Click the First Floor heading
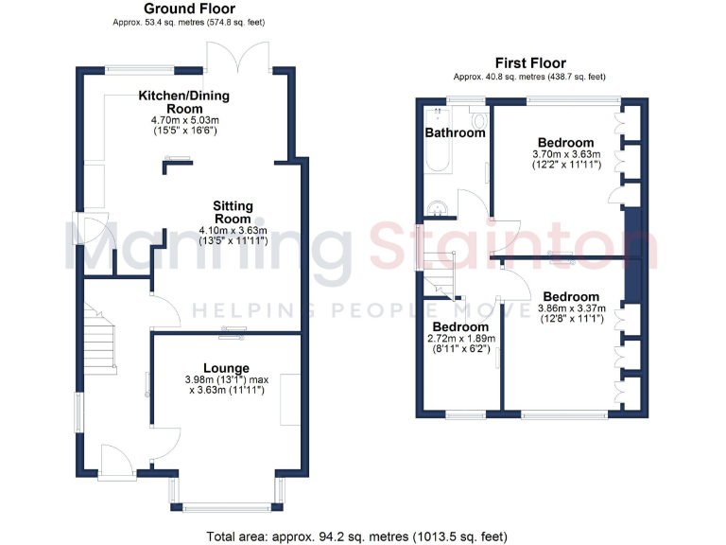point(529,64)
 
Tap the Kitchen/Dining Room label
point(183,102)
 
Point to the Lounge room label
point(226,368)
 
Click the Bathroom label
point(455,133)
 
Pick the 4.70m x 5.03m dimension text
point(183,121)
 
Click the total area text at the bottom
point(363,535)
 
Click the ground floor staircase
point(98,342)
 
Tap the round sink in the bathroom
point(438,210)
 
